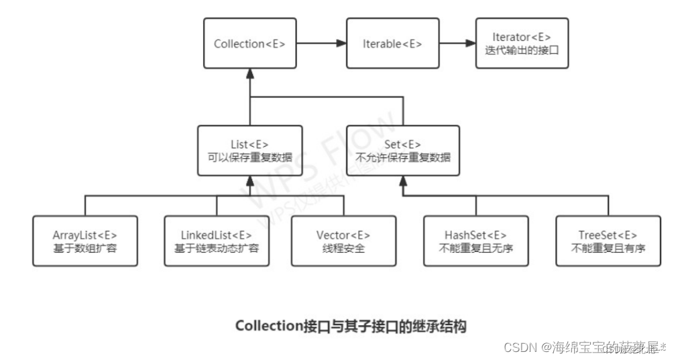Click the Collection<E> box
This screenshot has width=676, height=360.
[249, 44]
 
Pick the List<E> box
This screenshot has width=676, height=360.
[249, 151]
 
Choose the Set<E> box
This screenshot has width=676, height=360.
[403, 151]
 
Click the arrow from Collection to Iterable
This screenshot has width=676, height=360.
[321, 44]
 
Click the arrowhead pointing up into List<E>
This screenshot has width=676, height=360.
[249, 182]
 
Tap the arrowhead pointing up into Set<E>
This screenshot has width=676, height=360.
[403, 182]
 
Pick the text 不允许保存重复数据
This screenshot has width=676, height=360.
[403, 158]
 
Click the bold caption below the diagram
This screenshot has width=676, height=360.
[351, 326]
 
